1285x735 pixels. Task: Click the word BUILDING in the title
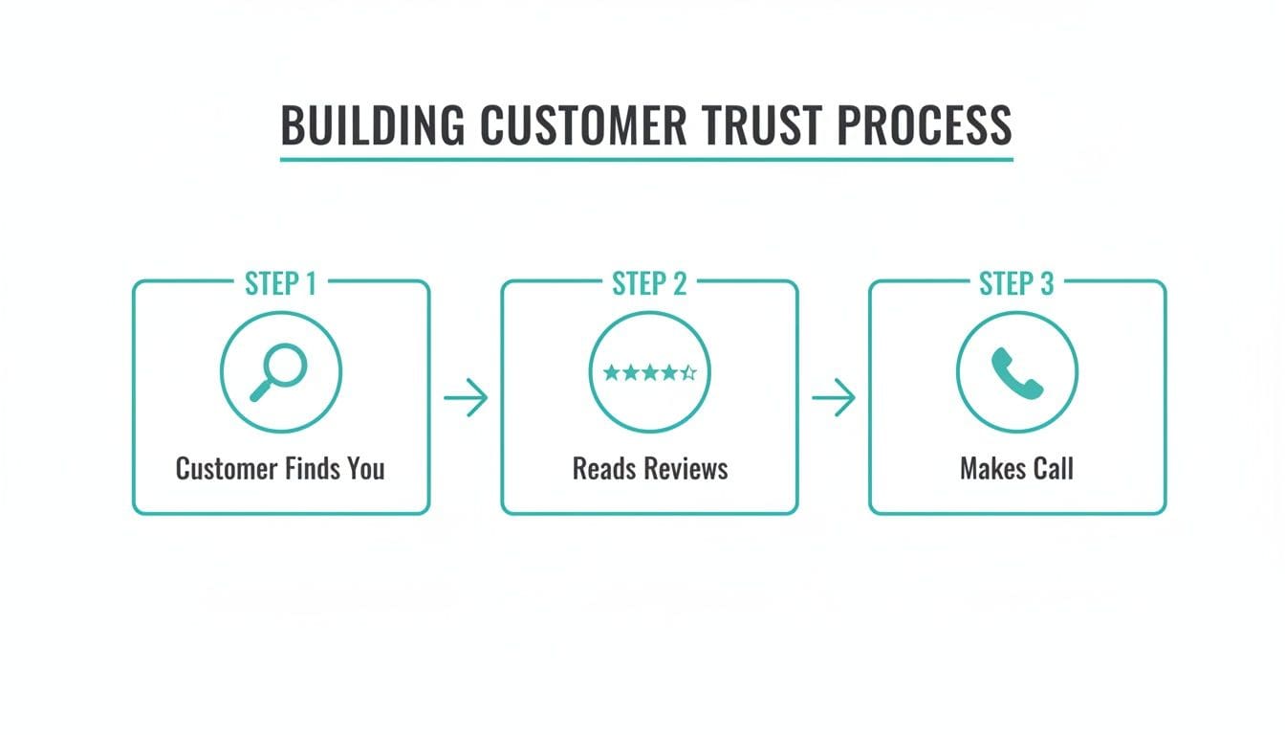[x=373, y=124]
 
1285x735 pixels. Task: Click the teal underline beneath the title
[x=646, y=159]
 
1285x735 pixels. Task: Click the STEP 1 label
[x=281, y=284]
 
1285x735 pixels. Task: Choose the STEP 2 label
[x=649, y=284]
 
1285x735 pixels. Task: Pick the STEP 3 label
[x=1016, y=284]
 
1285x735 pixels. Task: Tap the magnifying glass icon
[x=279, y=372]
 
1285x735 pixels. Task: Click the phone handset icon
[x=1016, y=372]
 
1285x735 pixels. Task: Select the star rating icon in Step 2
[x=649, y=373]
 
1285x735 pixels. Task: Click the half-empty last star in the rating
[x=689, y=373]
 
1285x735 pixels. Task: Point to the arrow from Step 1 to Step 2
[x=466, y=398]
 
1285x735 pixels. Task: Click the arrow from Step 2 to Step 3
[x=834, y=398]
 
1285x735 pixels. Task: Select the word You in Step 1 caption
[x=365, y=469]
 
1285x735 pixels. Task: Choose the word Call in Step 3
[x=1054, y=469]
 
